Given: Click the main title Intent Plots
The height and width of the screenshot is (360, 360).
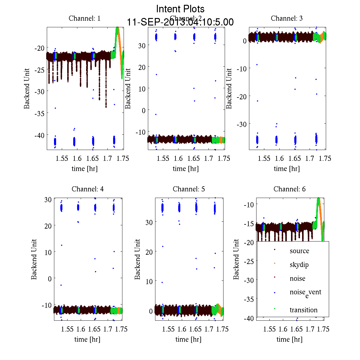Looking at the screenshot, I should click(x=180, y=9).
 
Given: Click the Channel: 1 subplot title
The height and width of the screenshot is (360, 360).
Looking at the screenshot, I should click(x=85, y=18).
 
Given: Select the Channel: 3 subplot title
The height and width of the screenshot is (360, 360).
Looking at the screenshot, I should click(x=286, y=18).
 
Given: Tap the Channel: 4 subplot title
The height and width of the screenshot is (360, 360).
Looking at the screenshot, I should click(x=88, y=189).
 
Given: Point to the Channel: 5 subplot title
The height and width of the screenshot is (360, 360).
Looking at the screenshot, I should click(x=189, y=189).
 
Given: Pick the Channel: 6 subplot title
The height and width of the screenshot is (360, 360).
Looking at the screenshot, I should click(x=289, y=189).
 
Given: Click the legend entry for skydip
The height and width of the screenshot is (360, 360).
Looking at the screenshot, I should click(x=299, y=265).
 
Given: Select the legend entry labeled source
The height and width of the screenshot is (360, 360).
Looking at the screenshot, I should click(x=299, y=251).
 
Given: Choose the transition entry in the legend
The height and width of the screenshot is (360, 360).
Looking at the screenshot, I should click(x=303, y=310).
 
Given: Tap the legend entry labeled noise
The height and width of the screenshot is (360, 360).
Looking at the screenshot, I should click(x=297, y=278).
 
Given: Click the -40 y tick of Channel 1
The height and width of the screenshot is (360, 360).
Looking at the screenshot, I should click(x=39, y=135).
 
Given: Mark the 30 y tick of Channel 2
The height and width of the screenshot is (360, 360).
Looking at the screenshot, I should click(x=142, y=45).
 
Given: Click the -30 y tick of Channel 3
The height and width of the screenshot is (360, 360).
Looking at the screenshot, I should click(x=242, y=124).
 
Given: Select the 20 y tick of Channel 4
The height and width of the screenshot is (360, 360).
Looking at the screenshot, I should click(x=48, y=226).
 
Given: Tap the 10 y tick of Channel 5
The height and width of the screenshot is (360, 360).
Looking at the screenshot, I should click(x=149, y=281).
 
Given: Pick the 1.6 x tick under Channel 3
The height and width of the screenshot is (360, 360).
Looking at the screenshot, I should click(x=279, y=158).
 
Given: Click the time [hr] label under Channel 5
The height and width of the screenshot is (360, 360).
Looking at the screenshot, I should click(x=188, y=339).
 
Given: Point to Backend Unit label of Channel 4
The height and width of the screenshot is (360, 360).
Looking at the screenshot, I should click(x=34, y=259).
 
